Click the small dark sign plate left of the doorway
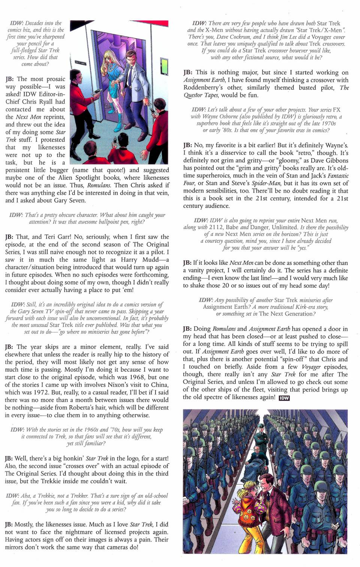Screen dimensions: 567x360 pyautogui.click(x=80, y=63)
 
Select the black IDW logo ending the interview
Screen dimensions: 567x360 pyautogui.click(x=284, y=398)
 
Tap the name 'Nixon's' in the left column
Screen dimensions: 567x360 pyautogui.click(x=122, y=385)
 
